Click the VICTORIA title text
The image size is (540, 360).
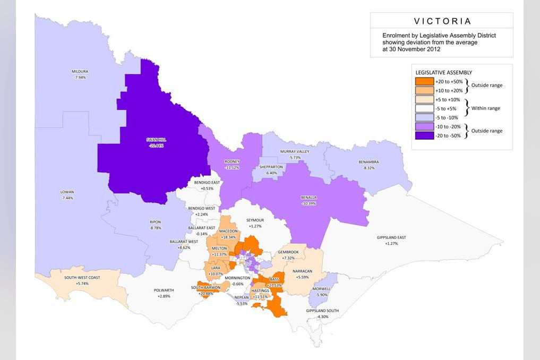[441, 21]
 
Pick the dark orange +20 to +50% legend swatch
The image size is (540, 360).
[424, 82]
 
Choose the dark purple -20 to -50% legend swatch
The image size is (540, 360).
[424, 135]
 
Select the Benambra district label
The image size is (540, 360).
[370, 161]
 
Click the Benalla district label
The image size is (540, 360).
[308, 198]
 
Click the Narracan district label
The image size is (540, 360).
[303, 271]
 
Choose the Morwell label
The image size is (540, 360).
[322, 289]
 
